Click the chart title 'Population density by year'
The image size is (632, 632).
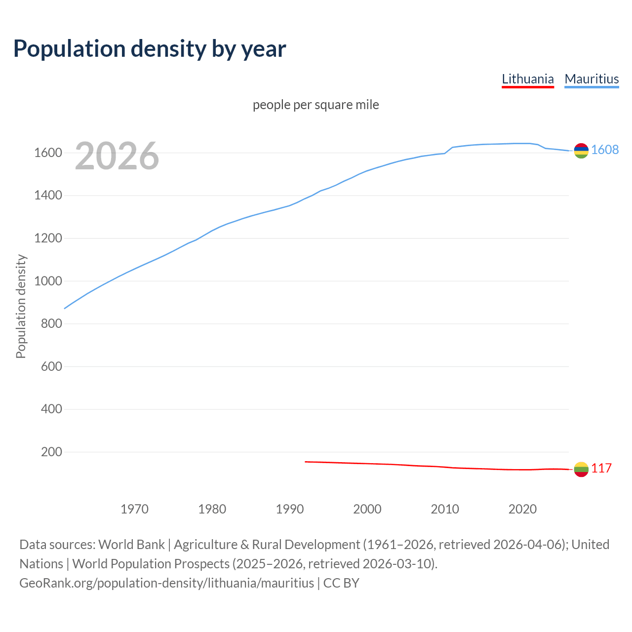150,48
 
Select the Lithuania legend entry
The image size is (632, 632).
527,79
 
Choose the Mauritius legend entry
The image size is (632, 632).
592,79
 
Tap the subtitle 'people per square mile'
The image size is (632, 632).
316,105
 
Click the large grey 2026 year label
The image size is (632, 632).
117,156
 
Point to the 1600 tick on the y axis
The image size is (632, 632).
48,153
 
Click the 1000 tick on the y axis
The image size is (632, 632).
48,281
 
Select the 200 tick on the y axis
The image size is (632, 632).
51,452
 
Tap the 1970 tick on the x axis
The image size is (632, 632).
134,509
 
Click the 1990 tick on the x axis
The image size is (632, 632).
290,509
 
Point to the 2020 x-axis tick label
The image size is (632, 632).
522,509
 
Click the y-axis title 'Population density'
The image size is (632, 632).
21,306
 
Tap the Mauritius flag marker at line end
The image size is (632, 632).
581,151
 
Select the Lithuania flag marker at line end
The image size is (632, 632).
581,469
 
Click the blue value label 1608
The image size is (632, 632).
605,150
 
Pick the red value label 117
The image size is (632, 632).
601,469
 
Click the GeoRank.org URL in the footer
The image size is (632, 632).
166,583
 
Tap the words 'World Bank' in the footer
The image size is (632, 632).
131,545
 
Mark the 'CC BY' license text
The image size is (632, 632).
341,583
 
